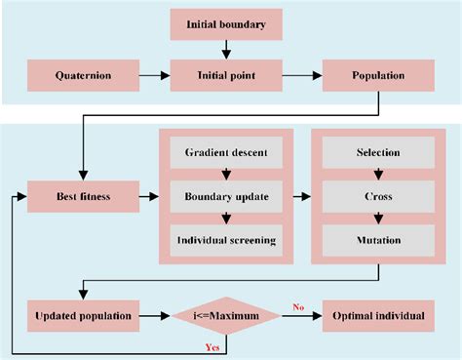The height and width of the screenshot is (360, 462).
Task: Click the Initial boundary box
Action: pyautogui.click(x=226, y=23)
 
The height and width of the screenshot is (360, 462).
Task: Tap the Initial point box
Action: pyautogui.click(x=226, y=73)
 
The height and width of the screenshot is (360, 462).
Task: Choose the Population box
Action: pyautogui.click(x=378, y=73)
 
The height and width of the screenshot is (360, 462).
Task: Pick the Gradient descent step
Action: pyautogui.click(x=226, y=152)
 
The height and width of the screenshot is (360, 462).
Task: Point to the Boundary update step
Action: pyautogui.click(x=226, y=197)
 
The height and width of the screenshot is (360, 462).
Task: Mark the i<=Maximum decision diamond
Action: pyautogui.click(x=226, y=316)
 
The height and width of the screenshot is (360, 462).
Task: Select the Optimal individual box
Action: pyautogui.click(x=378, y=316)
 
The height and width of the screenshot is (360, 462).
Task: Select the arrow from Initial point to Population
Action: pyautogui.click(x=302, y=73)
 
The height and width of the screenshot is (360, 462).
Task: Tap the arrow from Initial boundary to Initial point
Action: pyautogui.click(x=226, y=48)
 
